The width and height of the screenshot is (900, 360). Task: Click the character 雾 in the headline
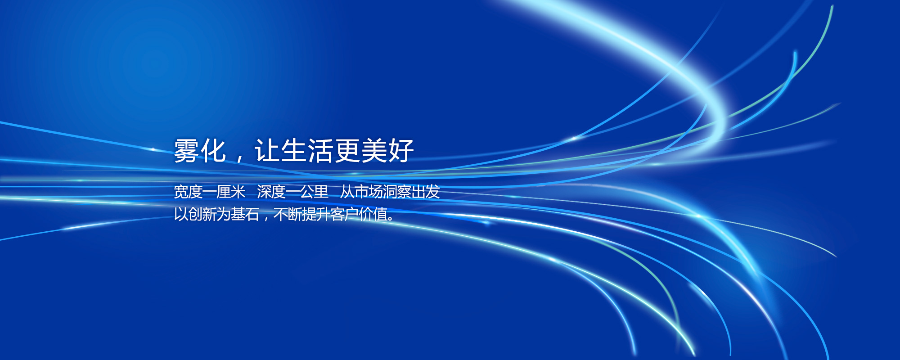[x=187, y=150]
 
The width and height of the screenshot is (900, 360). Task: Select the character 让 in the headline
[x=267, y=150]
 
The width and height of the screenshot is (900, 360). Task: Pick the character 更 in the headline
[x=347, y=150]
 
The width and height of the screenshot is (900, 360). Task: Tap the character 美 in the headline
[x=374, y=150]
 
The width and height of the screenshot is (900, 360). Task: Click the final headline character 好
[x=400, y=150]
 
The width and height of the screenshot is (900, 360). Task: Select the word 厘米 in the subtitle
[x=231, y=192]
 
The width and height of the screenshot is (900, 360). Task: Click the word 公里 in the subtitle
[x=314, y=192]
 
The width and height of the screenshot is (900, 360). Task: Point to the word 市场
[x=369, y=192]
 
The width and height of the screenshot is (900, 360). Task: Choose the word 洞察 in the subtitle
[x=397, y=192]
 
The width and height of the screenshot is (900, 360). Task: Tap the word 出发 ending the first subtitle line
[x=425, y=192]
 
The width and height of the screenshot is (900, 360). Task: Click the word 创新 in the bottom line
[x=202, y=214]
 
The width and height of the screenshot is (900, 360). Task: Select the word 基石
[x=245, y=214]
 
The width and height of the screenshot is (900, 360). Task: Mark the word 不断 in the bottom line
[x=288, y=214]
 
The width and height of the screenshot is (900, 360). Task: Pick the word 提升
[x=316, y=214]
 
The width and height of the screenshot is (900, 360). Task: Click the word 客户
[x=344, y=214]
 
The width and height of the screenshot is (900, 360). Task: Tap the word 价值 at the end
[x=373, y=214]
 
